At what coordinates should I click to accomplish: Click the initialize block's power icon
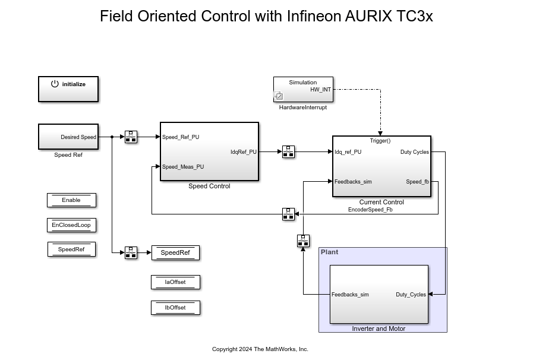(x=55, y=84)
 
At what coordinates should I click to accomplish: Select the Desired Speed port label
(x=78, y=137)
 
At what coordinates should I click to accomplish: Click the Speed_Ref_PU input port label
(x=181, y=137)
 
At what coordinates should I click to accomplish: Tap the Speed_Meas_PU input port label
(x=183, y=167)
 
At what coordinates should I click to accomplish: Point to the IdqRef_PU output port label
(x=244, y=152)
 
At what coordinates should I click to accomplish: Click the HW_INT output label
(x=321, y=90)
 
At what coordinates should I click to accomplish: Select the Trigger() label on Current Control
(x=380, y=141)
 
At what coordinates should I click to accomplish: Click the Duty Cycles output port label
(x=414, y=152)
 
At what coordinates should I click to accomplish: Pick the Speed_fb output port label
(x=417, y=182)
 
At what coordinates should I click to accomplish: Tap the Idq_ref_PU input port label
(x=348, y=152)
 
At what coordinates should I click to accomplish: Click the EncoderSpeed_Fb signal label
(x=370, y=209)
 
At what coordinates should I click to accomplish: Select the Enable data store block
(x=71, y=200)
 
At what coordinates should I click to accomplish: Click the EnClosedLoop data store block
(x=71, y=225)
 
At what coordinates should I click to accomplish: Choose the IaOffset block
(x=175, y=282)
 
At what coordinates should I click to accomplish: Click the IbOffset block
(x=175, y=308)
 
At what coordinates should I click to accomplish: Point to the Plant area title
(x=329, y=252)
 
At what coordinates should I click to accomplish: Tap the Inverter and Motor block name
(x=379, y=329)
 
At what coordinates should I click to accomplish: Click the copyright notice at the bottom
(x=260, y=349)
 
